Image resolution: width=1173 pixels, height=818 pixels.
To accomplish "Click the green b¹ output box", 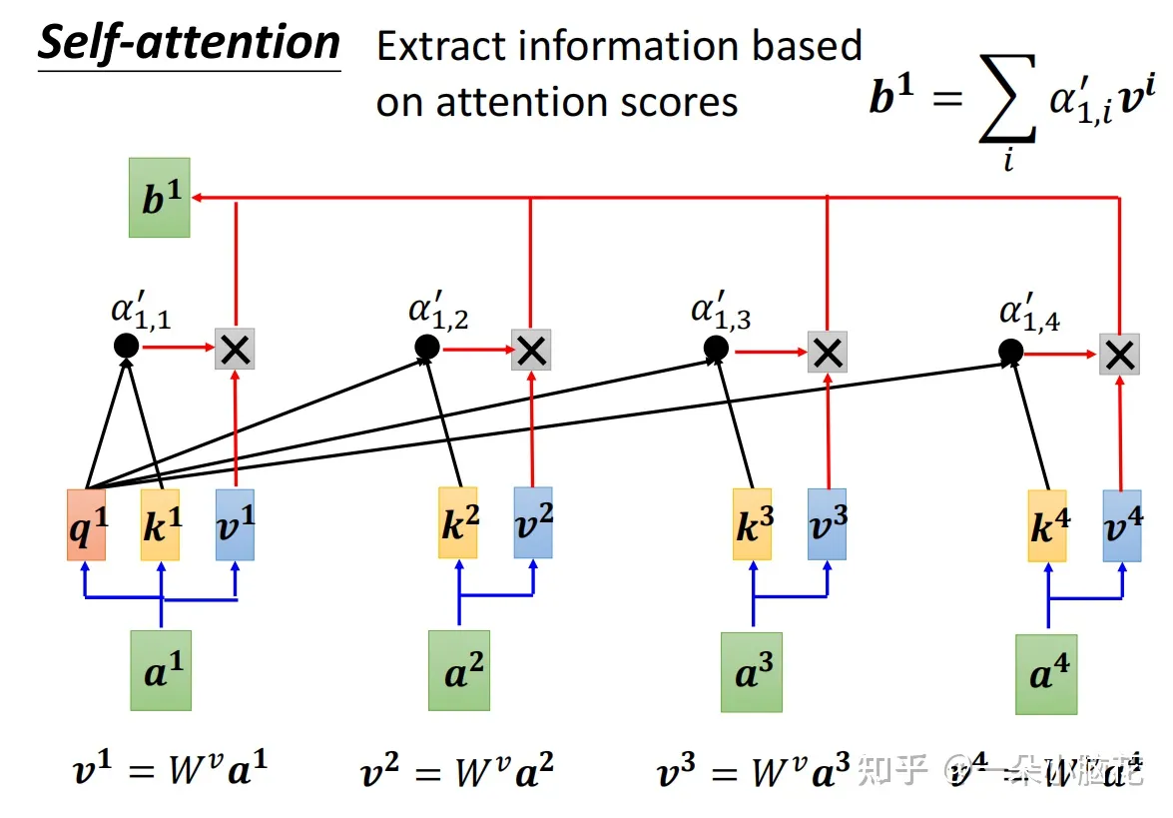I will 159,197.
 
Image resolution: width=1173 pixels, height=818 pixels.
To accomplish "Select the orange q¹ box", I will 85,525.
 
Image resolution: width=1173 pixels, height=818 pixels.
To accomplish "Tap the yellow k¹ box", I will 160,525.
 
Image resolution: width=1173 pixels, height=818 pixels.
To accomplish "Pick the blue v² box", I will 533,522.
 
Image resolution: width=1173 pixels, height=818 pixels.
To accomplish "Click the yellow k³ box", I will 752,524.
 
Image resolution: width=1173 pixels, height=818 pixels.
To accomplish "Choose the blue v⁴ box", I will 1122,525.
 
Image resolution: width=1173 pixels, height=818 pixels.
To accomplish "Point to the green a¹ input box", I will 161,670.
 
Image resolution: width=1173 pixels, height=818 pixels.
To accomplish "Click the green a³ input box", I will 752,671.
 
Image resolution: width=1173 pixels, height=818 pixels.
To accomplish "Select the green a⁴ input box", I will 1046,674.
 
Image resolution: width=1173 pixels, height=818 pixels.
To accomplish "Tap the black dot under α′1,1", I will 126,347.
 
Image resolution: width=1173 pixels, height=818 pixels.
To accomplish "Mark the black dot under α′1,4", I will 1010,352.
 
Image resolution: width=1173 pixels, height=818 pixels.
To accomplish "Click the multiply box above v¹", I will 236,350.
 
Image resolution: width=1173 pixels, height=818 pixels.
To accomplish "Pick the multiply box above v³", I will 827,352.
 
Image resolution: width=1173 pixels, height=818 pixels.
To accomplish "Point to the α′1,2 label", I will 438,312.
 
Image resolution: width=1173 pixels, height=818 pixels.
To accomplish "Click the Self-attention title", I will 190,44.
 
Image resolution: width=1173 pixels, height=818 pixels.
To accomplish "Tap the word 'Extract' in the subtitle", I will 434,48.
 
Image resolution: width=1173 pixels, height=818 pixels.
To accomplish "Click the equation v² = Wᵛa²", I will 455,771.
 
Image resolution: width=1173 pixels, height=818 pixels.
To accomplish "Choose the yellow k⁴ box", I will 1047,525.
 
